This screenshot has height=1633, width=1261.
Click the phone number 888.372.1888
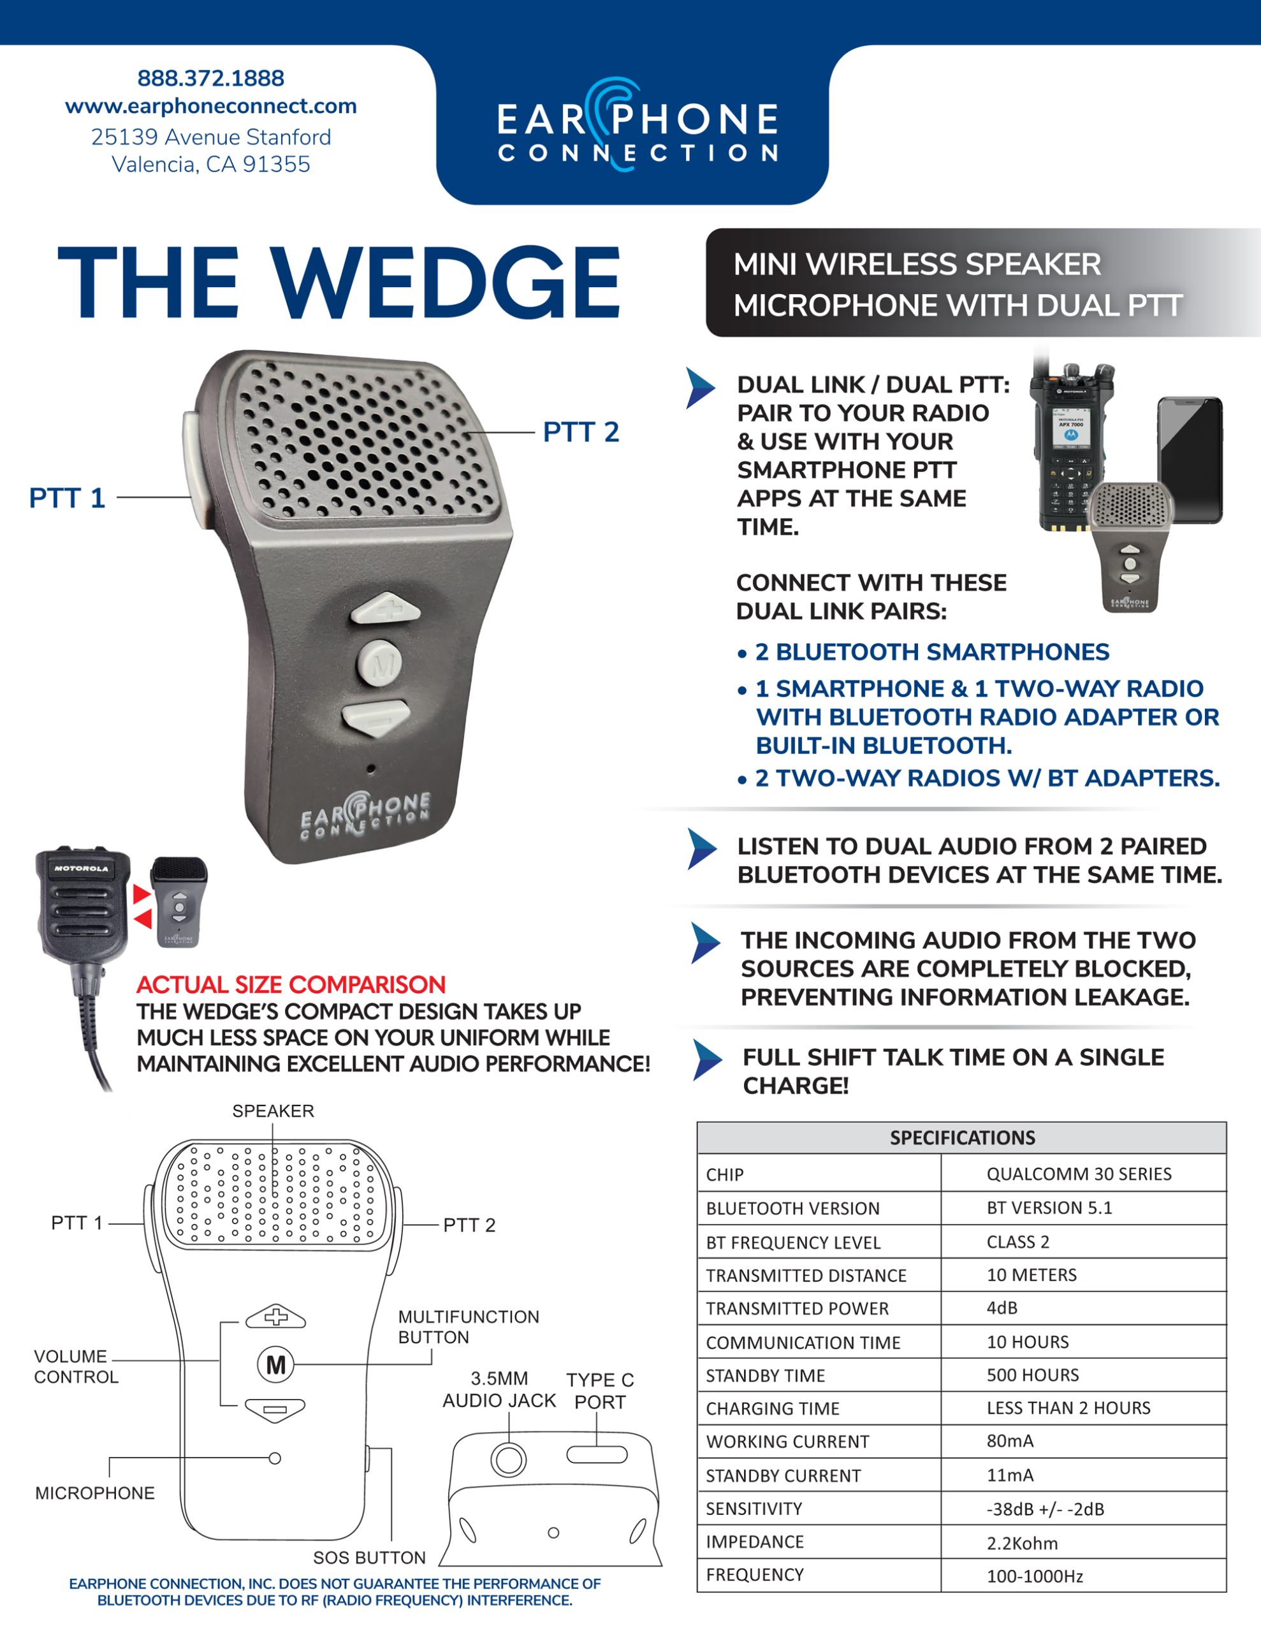pyautogui.click(x=211, y=78)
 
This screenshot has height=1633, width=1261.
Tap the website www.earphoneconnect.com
pyautogui.click(x=211, y=106)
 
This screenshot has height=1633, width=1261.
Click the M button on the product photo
pyautogui.click(x=381, y=663)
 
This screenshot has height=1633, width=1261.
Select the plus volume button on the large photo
pyautogui.click(x=386, y=608)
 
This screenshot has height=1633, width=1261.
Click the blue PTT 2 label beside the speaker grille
pyautogui.click(x=581, y=432)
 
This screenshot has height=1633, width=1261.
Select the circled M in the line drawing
pyautogui.click(x=276, y=1364)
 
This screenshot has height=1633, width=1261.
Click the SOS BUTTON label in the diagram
pyautogui.click(x=369, y=1558)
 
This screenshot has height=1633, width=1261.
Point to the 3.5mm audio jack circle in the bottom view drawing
pyautogui.click(x=508, y=1459)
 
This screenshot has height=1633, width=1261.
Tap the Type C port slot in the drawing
pyautogui.click(x=597, y=1454)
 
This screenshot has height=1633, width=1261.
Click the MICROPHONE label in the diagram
pyautogui.click(x=95, y=1493)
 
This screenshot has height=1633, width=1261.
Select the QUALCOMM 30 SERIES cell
pyautogui.click(x=1079, y=1174)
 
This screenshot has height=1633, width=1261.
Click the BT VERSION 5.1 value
pyautogui.click(x=1049, y=1208)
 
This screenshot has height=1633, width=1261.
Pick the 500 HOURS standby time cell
pyautogui.click(x=1032, y=1375)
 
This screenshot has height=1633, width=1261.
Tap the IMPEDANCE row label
pyautogui.click(x=754, y=1542)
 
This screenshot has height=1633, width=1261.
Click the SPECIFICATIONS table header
pyautogui.click(x=961, y=1138)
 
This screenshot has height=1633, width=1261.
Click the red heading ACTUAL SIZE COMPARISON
pyautogui.click(x=291, y=985)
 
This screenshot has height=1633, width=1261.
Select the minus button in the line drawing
pyautogui.click(x=275, y=1410)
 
